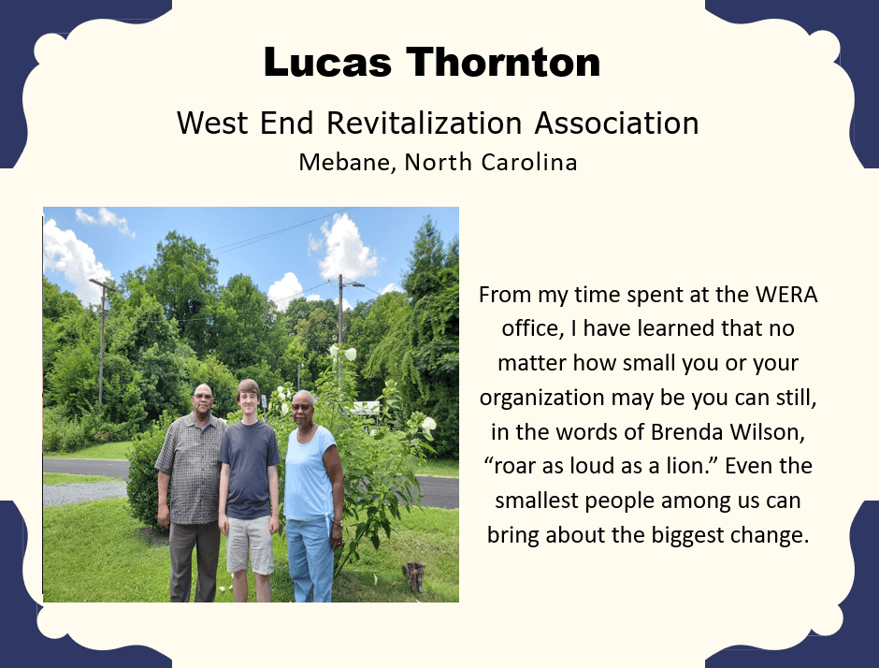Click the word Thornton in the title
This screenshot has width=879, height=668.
[x=503, y=62]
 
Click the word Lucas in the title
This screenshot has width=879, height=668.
[x=327, y=62]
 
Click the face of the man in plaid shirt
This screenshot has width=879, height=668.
[x=203, y=398]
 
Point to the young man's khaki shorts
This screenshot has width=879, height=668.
[x=249, y=545]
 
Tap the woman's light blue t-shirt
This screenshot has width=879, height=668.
[x=310, y=472]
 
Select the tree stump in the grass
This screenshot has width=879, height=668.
[x=413, y=576]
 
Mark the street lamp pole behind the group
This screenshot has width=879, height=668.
[x=340, y=326]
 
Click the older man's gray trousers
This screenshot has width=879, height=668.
[x=195, y=560]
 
